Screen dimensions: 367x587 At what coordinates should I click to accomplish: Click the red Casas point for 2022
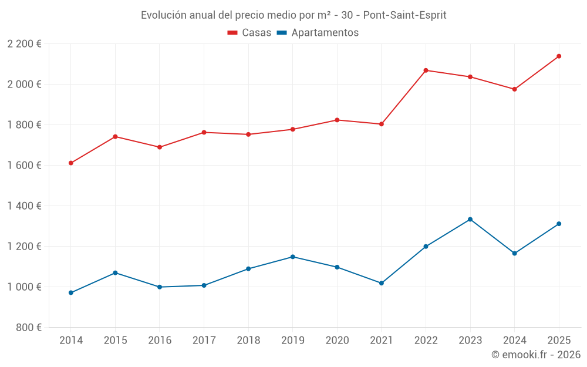pyautogui.click(x=426, y=70)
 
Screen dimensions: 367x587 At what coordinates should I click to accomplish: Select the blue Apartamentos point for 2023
pyautogui.click(x=470, y=220)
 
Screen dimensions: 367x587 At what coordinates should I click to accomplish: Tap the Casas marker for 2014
pyautogui.click(x=71, y=163)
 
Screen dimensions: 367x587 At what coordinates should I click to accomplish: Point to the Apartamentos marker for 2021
pyautogui.click(x=382, y=283)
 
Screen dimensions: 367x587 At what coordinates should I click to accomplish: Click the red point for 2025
pyautogui.click(x=559, y=56)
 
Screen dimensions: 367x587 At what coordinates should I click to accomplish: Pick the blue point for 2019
pyautogui.click(x=293, y=257)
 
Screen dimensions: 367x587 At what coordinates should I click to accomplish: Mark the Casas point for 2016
pyautogui.click(x=160, y=147)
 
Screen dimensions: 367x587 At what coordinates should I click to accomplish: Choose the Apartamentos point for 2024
pyautogui.click(x=514, y=254)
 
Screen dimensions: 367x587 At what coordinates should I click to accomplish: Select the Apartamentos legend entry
pyautogui.click(x=318, y=33)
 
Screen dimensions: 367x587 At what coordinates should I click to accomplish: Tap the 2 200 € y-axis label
pyautogui.click(x=24, y=44)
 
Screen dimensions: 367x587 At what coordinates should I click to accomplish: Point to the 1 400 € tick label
pyautogui.click(x=24, y=206)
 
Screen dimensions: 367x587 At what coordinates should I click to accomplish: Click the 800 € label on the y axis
pyautogui.click(x=28, y=328)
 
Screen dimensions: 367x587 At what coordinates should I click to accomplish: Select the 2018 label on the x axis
pyautogui.click(x=248, y=341)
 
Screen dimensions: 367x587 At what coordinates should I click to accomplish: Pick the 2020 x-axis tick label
pyautogui.click(x=337, y=341)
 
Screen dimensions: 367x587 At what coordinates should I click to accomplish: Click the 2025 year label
pyautogui.click(x=559, y=341)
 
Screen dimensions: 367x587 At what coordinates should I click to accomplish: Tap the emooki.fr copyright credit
pyautogui.click(x=535, y=355)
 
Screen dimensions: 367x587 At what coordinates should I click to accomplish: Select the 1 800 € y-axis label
pyautogui.click(x=24, y=125)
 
